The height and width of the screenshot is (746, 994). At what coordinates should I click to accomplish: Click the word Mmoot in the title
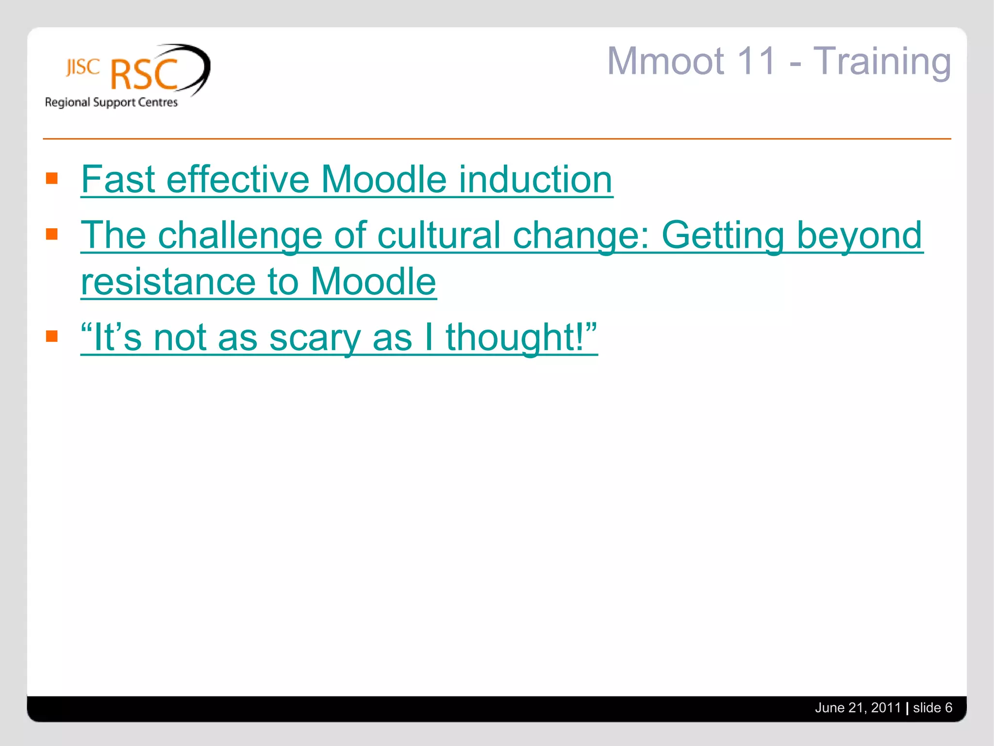point(666,62)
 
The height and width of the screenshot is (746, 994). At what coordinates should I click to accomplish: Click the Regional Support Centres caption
point(111,102)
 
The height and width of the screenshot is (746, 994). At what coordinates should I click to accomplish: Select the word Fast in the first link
point(118,179)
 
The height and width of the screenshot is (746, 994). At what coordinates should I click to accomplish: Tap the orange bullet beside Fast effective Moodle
point(52,178)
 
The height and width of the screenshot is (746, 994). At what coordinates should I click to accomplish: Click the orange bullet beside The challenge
point(52,234)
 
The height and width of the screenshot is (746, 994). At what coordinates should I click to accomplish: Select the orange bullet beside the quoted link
point(52,336)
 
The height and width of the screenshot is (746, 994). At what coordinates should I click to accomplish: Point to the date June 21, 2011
point(858,708)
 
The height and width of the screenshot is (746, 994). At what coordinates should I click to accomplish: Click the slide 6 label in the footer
point(932,708)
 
